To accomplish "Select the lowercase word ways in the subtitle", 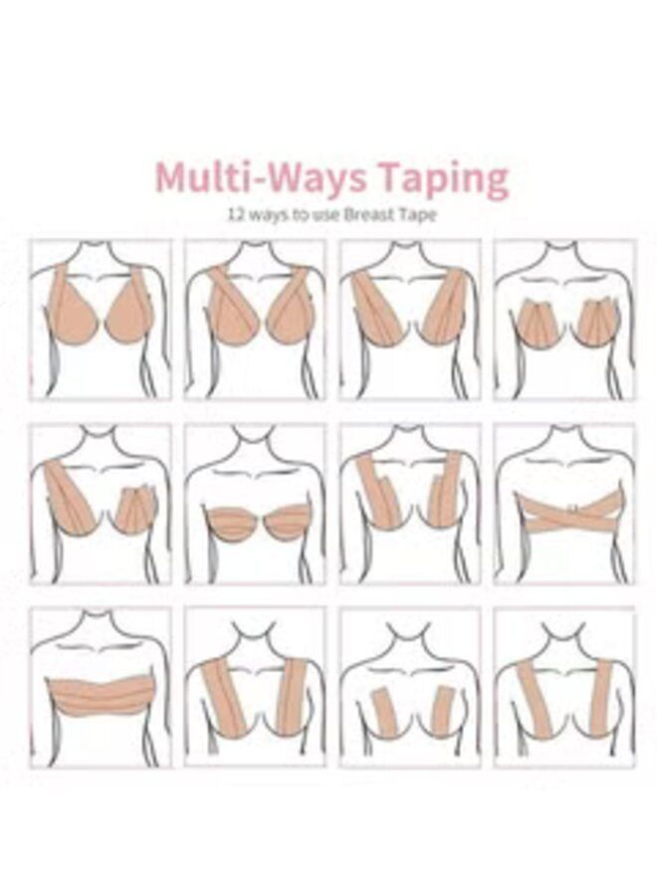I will (263, 213).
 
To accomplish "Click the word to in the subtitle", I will (291, 213).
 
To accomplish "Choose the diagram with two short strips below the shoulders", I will (410, 687).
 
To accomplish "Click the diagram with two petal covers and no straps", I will (564, 320).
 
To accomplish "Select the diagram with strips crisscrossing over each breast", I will (256, 320).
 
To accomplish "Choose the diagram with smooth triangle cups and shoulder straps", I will (100, 320).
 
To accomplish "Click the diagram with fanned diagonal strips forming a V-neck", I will (410, 320).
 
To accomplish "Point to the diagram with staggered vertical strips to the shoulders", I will (410, 503).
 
